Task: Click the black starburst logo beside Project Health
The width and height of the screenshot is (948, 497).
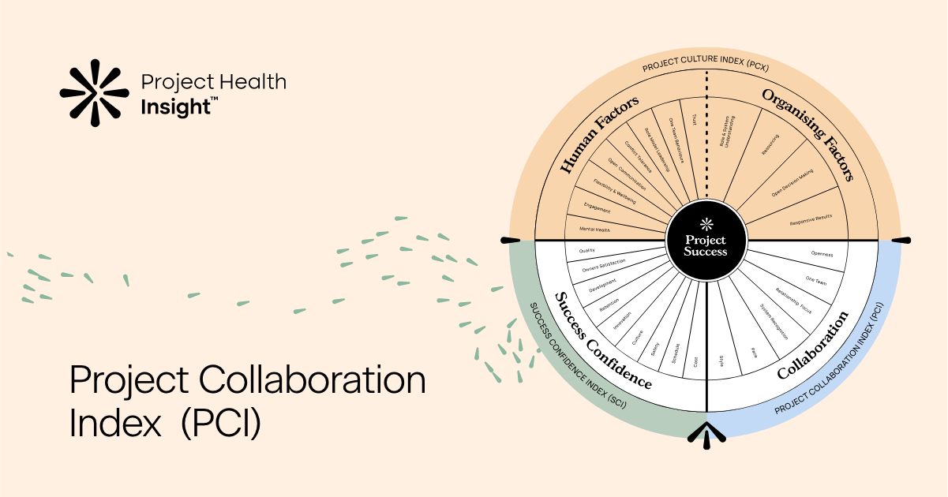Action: (x=94, y=92)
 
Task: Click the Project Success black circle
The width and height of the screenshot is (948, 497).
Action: (x=706, y=241)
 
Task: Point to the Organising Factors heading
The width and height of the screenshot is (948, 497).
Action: (x=807, y=134)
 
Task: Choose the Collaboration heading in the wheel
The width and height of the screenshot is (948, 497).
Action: (x=812, y=345)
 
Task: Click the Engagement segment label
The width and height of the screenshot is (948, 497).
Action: (x=597, y=208)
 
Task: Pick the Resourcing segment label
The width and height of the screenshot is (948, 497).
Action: (x=770, y=148)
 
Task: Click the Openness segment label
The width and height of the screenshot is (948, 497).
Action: (x=822, y=254)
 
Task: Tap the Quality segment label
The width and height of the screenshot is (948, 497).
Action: (x=586, y=250)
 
